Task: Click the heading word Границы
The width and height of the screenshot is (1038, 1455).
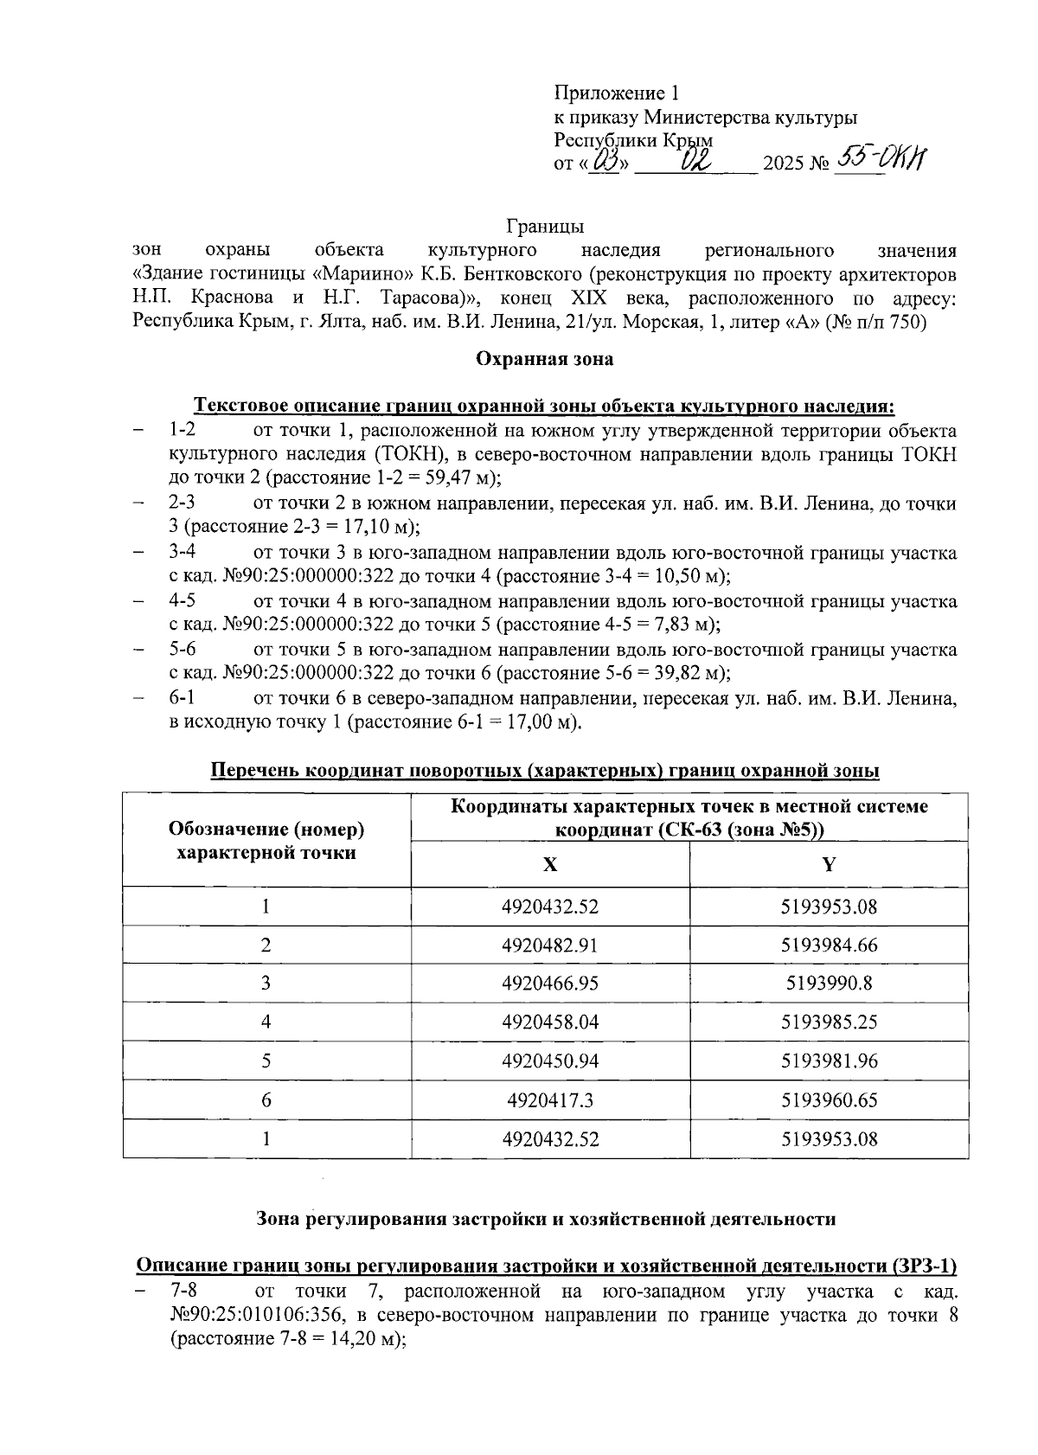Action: click(544, 227)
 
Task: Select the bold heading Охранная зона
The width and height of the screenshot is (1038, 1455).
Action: click(545, 359)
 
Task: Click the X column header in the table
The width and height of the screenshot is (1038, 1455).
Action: click(550, 864)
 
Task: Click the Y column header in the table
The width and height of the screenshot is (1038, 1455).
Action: click(829, 864)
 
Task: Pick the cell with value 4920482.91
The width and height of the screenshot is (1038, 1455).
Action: click(550, 945)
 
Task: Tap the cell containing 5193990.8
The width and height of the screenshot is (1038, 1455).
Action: click(829, 983)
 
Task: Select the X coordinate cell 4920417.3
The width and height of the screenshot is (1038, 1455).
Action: click(550, 1099)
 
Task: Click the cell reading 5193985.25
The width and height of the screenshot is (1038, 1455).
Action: click(829, 1022)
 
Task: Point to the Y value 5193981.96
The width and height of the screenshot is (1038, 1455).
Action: click(829, 1061)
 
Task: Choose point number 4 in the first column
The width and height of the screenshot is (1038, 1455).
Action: click(266, 1022)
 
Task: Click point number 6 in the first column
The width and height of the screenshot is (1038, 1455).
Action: click(266, 1099)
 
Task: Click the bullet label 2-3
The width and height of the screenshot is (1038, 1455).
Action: click(183, 503)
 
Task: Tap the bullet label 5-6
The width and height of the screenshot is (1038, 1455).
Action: click(183, 650)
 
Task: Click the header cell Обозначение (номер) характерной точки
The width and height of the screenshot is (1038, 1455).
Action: click(266, 841)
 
